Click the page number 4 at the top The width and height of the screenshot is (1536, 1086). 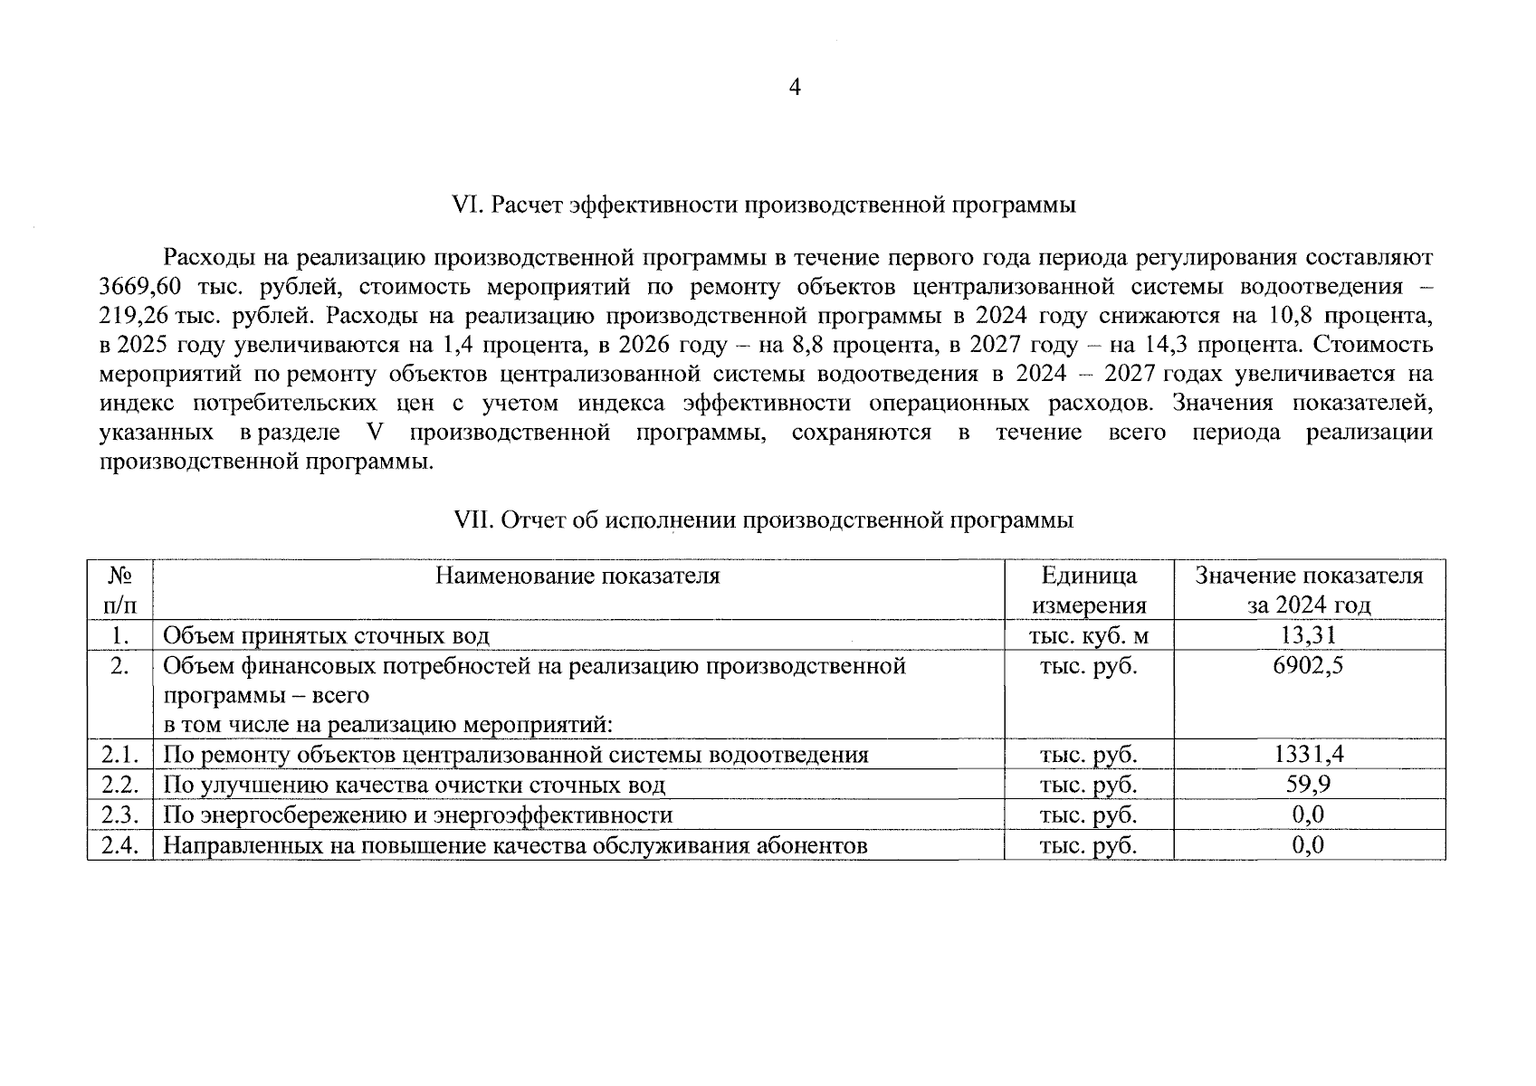pyautogui.click(x=795, y=88)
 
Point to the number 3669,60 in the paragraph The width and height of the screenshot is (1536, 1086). pyautogui.click(x=141, y=287)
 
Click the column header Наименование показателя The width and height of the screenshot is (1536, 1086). pyautogui.click(x=577, y=576)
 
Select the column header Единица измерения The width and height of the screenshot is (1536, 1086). pyautogui.click(x=1089, y=590)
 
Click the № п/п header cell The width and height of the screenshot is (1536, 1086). pyautogui.click(x=119, y=590)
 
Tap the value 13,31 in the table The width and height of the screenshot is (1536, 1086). pyautogui.click(x=1308, y=635)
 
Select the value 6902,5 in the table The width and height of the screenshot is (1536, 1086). pyautogui.click(x=1308, y=666)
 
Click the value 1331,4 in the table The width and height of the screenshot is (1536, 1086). pyautogui.click(x=1308, y=755)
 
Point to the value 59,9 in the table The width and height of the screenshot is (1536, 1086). pyautogui.click(x=1308, y=785)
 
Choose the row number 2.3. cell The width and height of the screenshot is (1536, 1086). pyautogui.click(x=119, y=814)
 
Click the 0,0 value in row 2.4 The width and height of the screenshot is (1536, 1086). pyautogui.click(x=1308, y=844)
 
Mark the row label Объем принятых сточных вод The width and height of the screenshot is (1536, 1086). pyautogui.click(x=326, y=635)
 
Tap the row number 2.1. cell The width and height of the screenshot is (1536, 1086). pyautogui.click(x=119, y=755)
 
